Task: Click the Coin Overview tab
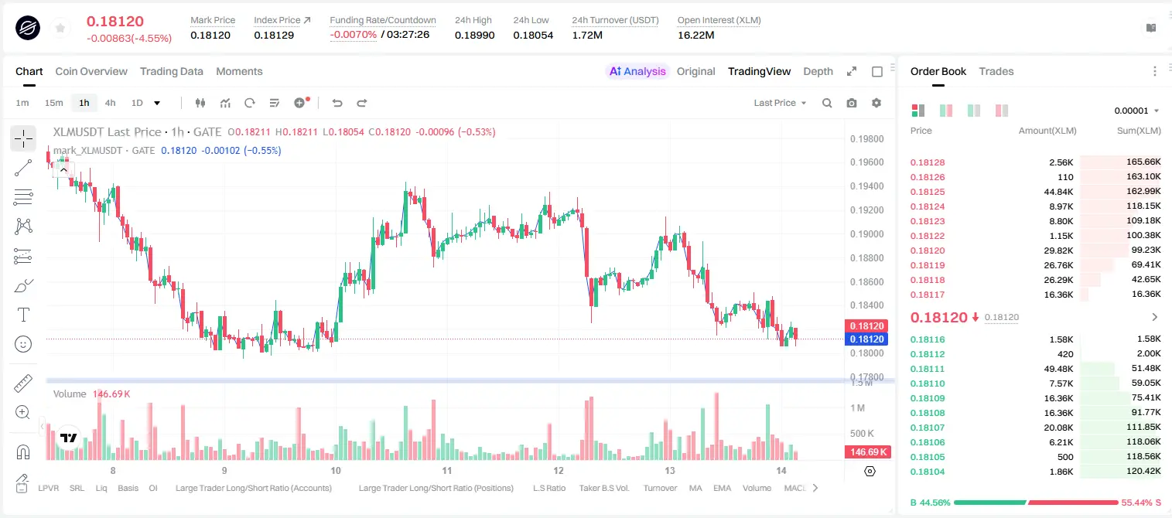tap(91, 71)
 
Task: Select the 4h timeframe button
tap(110, 103)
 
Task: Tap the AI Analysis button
tap(637, 71)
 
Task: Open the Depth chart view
tap(818, 71)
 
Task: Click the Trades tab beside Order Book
tap(996, 71)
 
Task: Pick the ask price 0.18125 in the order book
tap(927, 192)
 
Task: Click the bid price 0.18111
tap(927, 369)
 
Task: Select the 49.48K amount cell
tap(1058, 369)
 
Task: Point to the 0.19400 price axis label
tap(866, 186)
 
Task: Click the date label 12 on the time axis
tap(559, 470)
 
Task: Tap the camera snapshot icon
tap(852, 103)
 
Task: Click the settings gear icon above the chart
tap(876, 103)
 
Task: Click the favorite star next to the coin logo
tap(60, 28)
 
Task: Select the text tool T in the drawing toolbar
tap(23, 315)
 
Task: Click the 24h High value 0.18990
tap(474, 35)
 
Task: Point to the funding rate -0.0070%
tap(354, 35)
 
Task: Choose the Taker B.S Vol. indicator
tap(603, 488)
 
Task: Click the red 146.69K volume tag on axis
tap(867, 452)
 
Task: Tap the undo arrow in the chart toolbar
tap(337, 103)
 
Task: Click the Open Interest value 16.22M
tap(696, 35)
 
